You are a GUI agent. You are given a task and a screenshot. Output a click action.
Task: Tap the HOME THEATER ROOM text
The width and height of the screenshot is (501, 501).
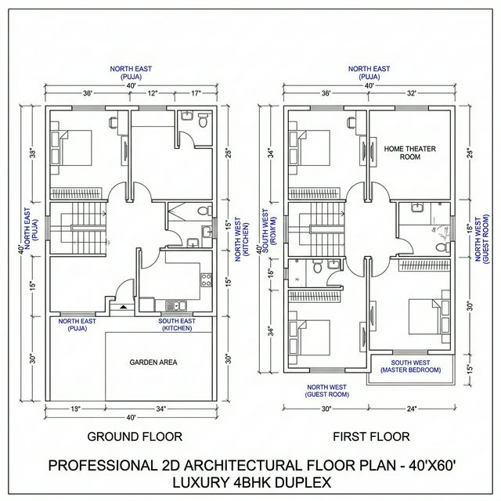[409, 153]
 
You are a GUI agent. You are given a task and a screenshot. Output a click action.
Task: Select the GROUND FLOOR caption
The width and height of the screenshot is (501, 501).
[135, 436]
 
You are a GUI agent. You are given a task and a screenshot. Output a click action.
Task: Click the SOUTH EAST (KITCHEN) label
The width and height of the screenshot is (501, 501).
[178, 324]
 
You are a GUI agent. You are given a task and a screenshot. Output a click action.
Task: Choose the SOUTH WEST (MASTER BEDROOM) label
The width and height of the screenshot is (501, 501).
[411, 366]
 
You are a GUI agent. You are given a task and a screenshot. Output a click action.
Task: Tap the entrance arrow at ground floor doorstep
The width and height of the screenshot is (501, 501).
[124, 308]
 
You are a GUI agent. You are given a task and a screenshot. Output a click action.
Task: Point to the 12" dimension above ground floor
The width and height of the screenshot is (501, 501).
[152, 93]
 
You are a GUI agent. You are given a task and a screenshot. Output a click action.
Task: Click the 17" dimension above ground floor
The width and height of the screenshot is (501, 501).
[196, 93]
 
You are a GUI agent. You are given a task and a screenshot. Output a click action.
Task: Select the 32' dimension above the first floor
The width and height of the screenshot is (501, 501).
[411, 93]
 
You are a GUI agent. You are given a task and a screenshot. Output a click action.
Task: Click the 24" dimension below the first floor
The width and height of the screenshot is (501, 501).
[412, 408]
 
